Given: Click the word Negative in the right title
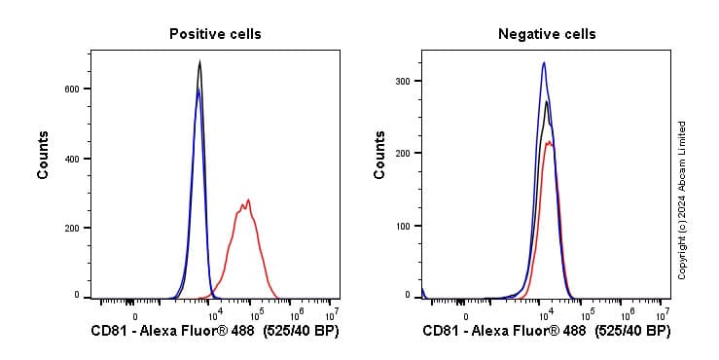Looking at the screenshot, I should click(x=523, y=34).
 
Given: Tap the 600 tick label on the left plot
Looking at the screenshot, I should click(x=72, y=89).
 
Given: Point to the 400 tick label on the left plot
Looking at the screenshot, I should click(x=72, y=159).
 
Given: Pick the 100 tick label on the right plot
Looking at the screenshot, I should click(x=403, y=226).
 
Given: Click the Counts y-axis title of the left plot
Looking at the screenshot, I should click(x=44, y=156).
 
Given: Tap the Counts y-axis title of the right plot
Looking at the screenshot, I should click(x=379, y=156).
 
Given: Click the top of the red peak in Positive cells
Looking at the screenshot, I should click(x=248, y=200).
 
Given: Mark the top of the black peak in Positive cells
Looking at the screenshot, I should click(x=199, y=62).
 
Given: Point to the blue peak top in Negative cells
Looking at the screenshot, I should click(x=544, y=63).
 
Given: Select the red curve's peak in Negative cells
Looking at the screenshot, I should click(x=550, y=143).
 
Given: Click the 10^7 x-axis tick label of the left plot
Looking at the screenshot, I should click(x=331, y=313).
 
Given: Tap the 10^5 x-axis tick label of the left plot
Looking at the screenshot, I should click(x=256, y=313).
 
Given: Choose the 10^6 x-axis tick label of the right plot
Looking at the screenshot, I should click(x=628, y=313).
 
